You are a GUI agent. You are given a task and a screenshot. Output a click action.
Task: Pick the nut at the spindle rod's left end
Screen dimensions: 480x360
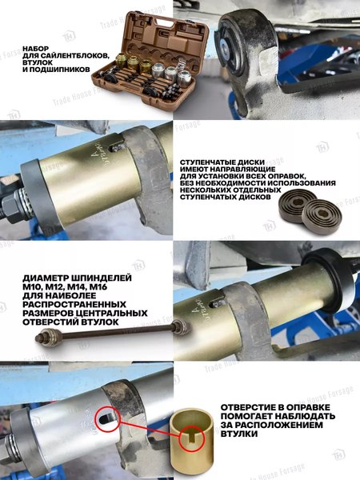tap(41, 339)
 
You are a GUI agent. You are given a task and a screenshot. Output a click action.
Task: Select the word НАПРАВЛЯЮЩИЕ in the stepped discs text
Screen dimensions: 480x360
tap(259, 169)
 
